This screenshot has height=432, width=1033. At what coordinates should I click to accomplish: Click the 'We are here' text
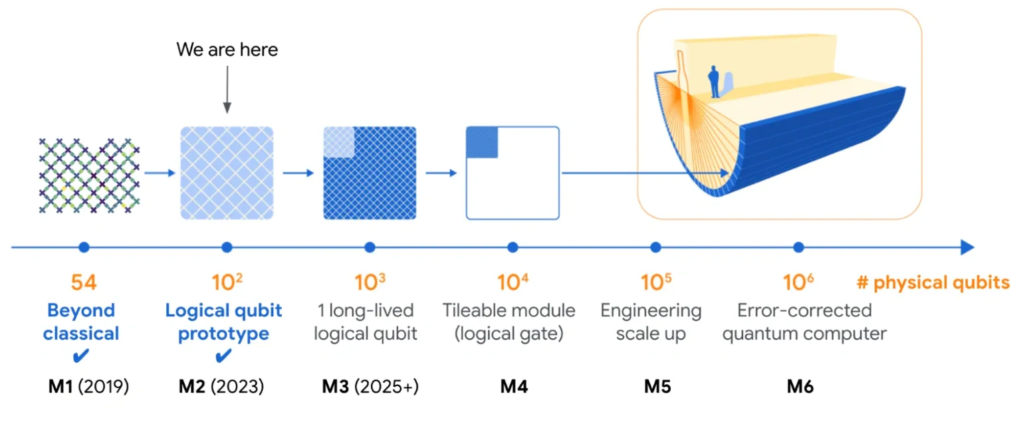pos(227,49)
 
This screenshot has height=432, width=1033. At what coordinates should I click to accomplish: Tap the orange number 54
pos(84,282)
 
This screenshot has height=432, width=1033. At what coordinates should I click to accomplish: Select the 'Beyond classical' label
pos(81,322)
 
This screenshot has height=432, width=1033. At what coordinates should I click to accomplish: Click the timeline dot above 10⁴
pos(513,247)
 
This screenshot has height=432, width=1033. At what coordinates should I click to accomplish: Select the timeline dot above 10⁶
pos(799,247)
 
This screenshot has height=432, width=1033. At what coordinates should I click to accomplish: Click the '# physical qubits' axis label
pos(933,282)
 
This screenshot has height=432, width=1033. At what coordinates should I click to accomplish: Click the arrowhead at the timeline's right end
pos(968,247)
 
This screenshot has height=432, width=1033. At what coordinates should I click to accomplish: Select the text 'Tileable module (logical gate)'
pos(509,322)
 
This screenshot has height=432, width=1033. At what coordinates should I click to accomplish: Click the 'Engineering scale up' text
pos(651,322)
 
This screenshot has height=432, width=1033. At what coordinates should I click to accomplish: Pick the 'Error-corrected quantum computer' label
pos(804,322)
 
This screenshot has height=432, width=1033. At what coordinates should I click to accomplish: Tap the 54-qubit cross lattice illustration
pos(89,175)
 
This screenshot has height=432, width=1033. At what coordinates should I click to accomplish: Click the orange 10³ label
pos(370,282)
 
